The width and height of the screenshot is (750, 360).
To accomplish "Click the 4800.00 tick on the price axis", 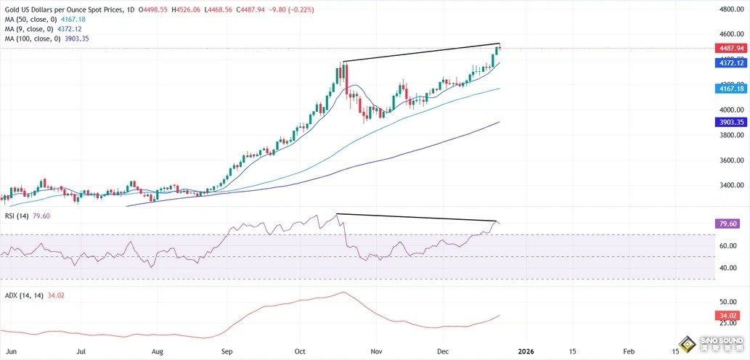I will pyautogui.click(x=729, y=9).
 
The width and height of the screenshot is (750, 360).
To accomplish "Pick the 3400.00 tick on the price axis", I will pyautogui.click(x=729, y=186).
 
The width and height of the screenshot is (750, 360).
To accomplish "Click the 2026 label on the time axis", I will pyautogui.click(x=526, y=351).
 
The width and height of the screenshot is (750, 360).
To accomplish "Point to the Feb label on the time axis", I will pyautogui.click(x=629, y=351).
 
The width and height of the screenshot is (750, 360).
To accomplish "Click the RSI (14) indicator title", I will pyautogui.click(x=15, y=216).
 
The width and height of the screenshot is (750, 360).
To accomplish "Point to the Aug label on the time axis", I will pyautogui.click(x=158, y=351).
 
